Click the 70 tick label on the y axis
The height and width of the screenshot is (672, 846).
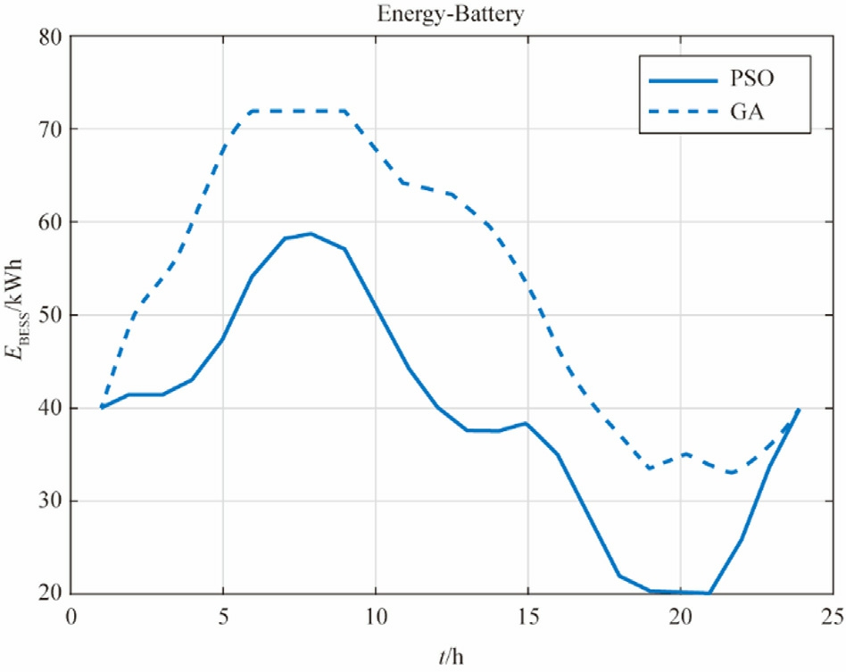(x=52, y=130)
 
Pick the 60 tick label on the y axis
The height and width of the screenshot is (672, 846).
(x=52, y=223)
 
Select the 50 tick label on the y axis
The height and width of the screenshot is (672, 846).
(x=52, y=316)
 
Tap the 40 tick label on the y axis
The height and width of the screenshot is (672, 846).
(x=52, y=409)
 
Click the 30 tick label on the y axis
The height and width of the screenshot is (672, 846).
(x=52, y=502)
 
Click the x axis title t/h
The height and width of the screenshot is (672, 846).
(x=452, y=658)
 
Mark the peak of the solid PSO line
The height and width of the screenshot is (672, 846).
(x=311, y=234)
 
